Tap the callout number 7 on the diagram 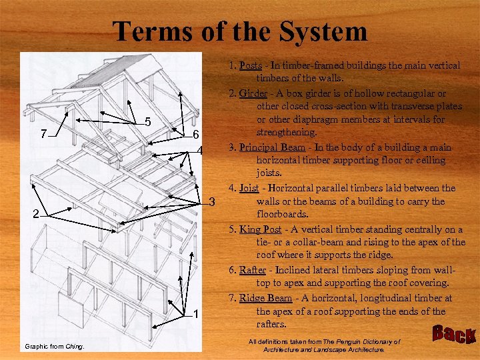click(x=43, y=134)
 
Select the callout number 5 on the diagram click(x=150, y=122)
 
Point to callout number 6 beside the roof click(x=196, y=135)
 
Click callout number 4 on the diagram click(x=199, y=150)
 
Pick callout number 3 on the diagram click(x=211, y=202)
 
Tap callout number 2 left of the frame click(x=38, y=214)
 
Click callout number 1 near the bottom click(x=196, y=314)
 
